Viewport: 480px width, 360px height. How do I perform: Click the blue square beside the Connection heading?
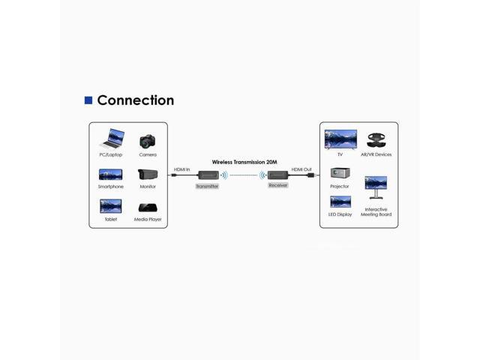88,100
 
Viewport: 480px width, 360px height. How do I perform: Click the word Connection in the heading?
136,100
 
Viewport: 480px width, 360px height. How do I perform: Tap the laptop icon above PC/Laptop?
110,139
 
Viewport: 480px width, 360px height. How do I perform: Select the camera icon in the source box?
148,140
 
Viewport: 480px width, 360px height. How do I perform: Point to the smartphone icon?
110,174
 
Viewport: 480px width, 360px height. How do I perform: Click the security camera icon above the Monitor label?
148,175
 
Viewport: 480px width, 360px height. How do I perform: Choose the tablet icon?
110,206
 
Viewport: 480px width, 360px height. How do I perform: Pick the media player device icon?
148,208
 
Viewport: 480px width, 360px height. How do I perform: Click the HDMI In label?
181,169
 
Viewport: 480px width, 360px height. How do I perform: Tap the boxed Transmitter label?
207,186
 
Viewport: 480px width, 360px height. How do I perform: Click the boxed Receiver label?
277,185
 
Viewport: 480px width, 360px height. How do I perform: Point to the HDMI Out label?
301,169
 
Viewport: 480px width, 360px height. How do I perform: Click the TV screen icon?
340,139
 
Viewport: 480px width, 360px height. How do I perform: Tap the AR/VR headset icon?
376,140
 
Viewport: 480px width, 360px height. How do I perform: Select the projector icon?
340,173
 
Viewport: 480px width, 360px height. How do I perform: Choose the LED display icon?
340,202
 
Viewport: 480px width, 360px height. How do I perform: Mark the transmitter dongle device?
207,175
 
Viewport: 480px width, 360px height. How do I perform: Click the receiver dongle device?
277,175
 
